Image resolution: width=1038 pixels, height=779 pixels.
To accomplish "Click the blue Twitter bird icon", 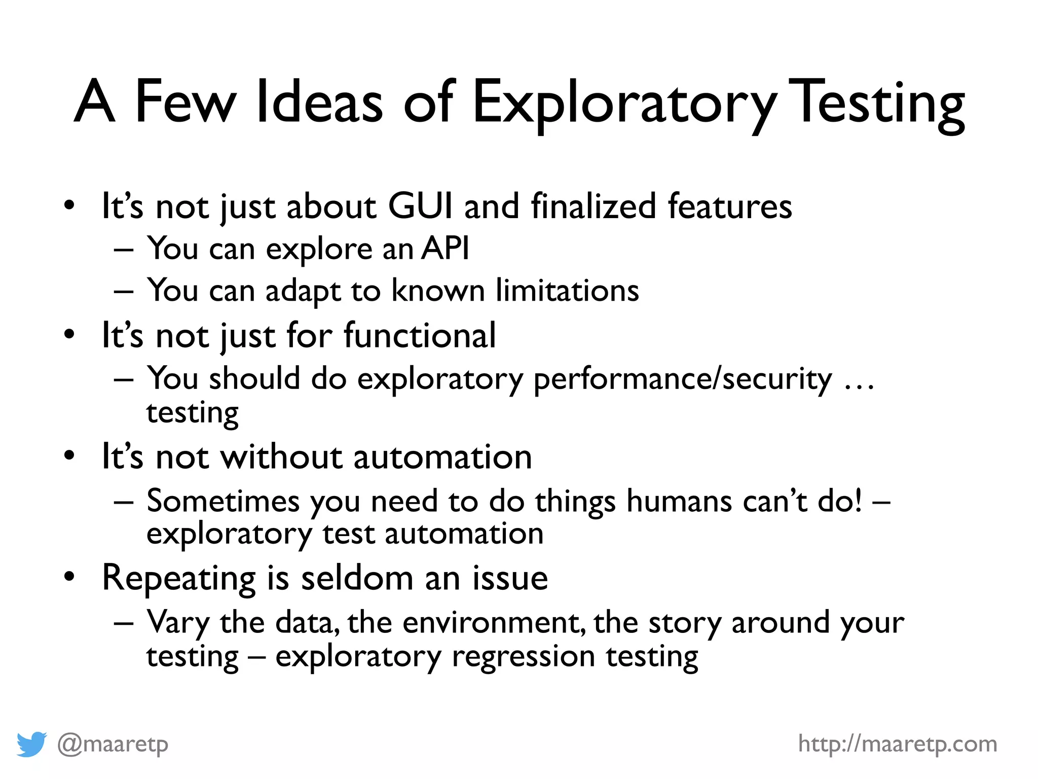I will (x=31, y=744).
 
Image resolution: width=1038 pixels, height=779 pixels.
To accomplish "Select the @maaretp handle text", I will (x=113, y=744).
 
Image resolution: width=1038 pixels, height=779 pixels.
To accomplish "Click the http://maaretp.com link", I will (x=898, y=744).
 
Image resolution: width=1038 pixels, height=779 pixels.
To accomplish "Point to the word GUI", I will (x=420, y=206).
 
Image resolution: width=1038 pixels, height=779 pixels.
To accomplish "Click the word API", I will (x=445, y=249).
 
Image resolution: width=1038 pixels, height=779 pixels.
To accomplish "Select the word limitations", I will (x=567, y=291).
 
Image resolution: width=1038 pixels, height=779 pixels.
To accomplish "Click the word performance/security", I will (x=682, y=379).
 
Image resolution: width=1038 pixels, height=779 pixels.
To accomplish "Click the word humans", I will (x=679, y=501).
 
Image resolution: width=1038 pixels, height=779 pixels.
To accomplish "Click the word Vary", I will (x=177, y=623).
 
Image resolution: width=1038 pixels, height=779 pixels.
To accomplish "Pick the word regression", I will (x=523, y=657).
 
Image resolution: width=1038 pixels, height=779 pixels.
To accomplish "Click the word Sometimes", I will (x=223, y=501).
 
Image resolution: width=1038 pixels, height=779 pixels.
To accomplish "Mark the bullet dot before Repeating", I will (x=69, y=577).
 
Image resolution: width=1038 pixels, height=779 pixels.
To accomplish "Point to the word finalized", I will (x=593, y=206).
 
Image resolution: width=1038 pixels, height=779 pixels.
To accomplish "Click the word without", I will (x=281, y=457).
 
